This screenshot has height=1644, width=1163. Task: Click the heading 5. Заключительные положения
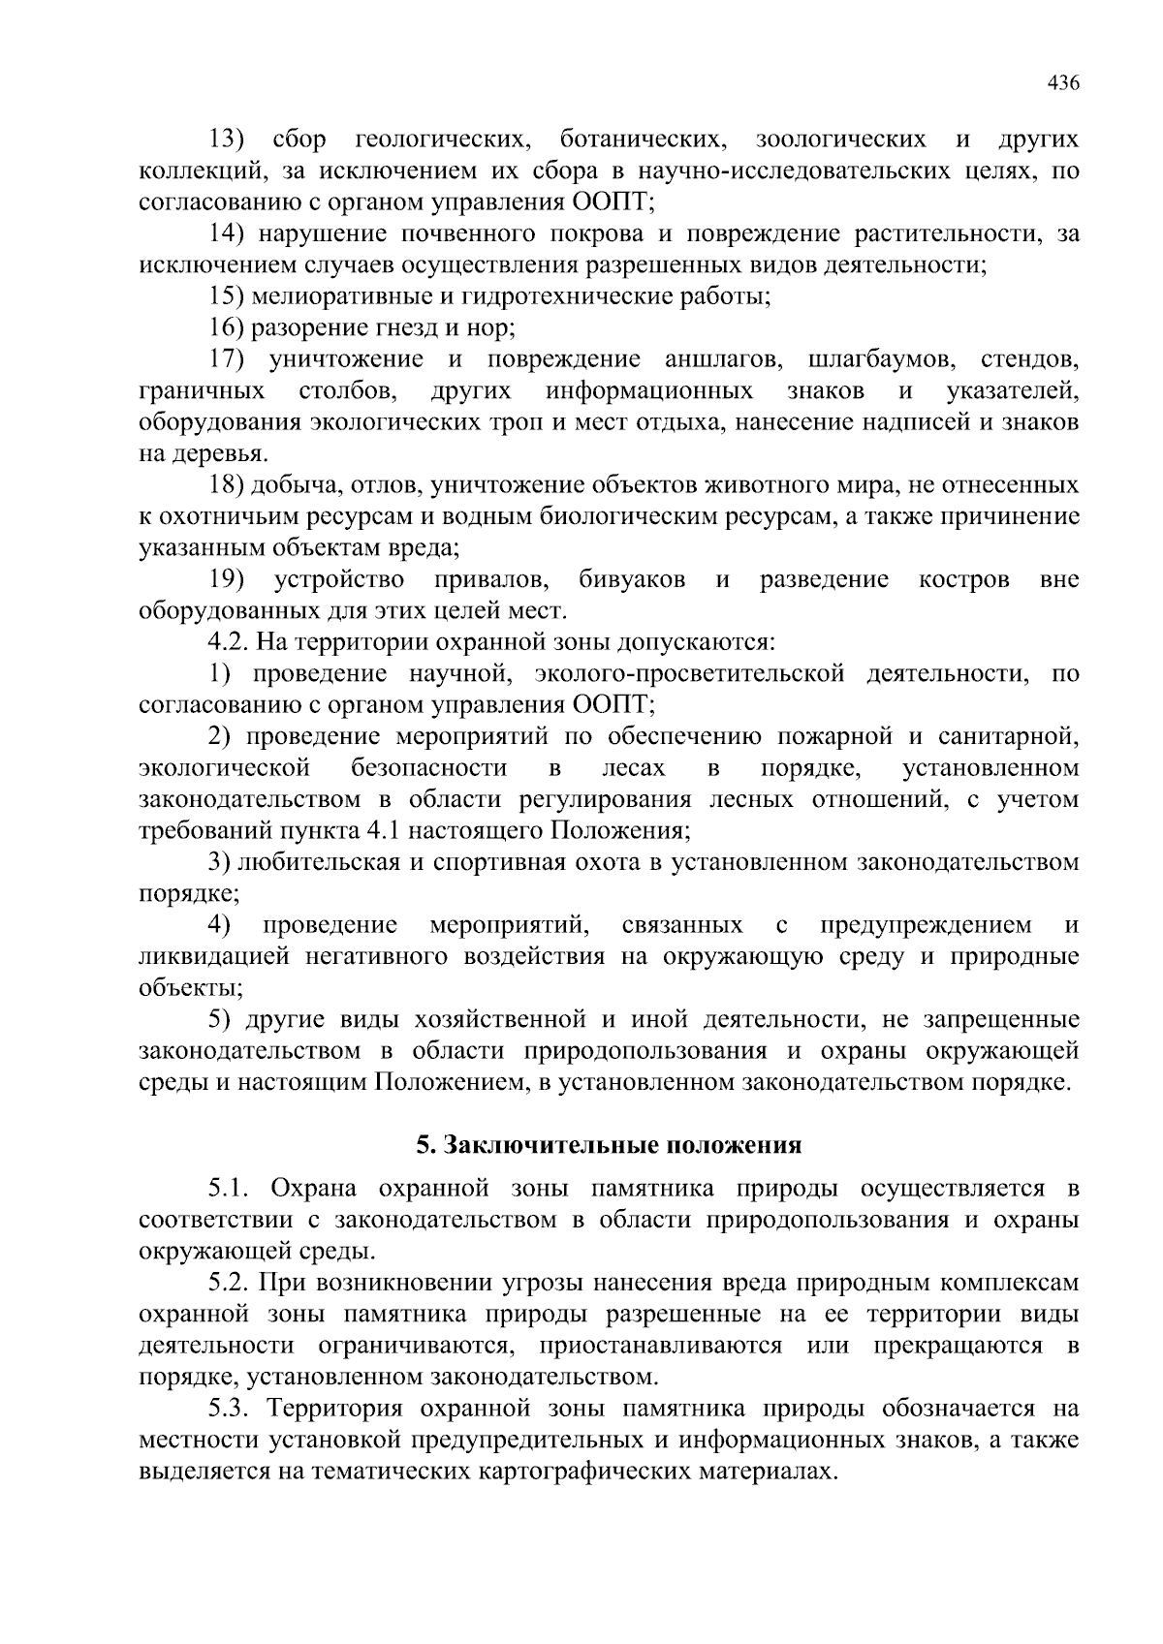tap(609, 1145)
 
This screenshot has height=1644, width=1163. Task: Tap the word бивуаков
tap(632, 579)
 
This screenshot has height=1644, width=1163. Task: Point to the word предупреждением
tap(926, 925)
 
